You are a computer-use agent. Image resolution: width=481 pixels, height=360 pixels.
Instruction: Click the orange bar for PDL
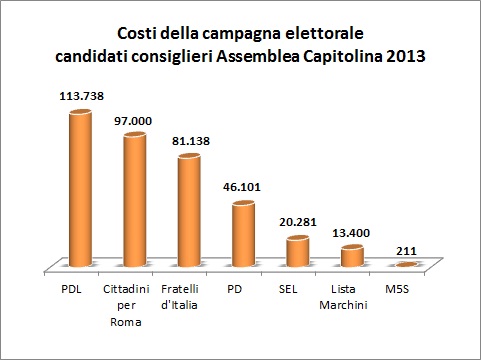coord(79,188)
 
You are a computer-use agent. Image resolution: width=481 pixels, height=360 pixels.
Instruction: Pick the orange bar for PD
coord(243,233)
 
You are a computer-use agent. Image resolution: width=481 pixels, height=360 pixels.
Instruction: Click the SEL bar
coord(297,251)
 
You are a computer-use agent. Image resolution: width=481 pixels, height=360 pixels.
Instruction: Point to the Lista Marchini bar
coord(352,256)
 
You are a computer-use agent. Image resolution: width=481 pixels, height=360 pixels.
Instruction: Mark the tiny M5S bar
coord(406,264)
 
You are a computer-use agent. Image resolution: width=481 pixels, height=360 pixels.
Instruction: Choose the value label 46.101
coord(243,186)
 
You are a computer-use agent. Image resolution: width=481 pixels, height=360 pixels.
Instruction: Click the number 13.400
coord(352,231)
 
